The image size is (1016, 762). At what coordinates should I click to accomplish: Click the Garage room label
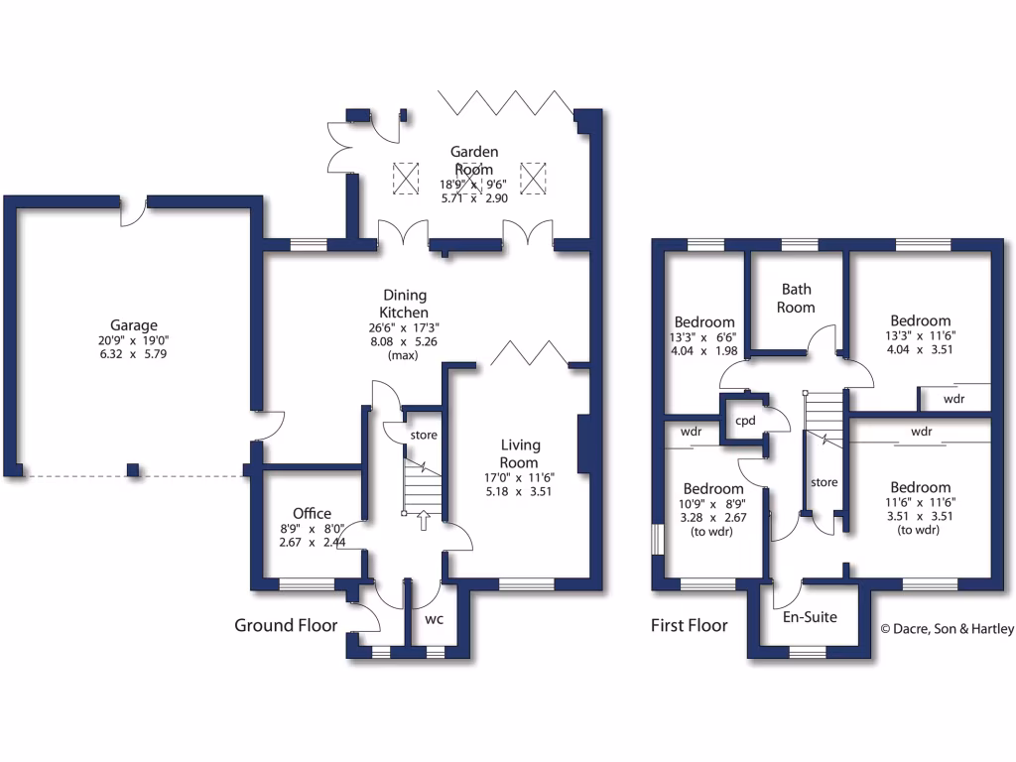click(x=134, y=325)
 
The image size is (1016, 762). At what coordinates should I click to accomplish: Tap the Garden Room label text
click(x=474, y=161)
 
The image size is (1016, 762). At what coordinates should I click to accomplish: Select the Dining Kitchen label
click(x=405, y=304)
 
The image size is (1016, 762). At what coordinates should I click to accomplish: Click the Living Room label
click(x=519, y=454)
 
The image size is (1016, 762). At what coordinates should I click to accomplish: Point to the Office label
click(x=313, y=513)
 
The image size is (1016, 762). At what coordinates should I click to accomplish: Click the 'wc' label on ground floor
click(x=434, y=619)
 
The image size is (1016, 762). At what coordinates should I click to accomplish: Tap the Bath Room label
click(x=797, y=298)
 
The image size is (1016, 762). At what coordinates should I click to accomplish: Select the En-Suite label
click(x=811, y=617)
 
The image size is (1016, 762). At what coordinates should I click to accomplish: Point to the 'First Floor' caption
click(x=689, y=625)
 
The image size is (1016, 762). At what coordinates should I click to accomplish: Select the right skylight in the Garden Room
click(x=534, y=178)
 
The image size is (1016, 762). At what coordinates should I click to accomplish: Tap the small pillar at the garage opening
click(x=132, y=469)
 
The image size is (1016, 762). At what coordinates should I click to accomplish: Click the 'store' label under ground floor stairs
click(x=424, y=435)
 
